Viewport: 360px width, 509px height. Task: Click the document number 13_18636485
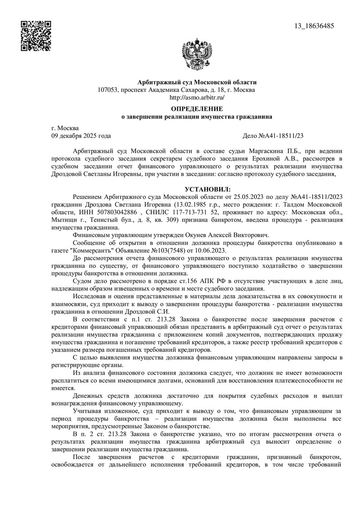[314, 26]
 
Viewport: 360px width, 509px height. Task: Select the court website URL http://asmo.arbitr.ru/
[196, 97]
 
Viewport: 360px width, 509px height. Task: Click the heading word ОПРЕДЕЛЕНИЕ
[197, 108]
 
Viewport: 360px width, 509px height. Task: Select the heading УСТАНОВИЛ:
[207, 190]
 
